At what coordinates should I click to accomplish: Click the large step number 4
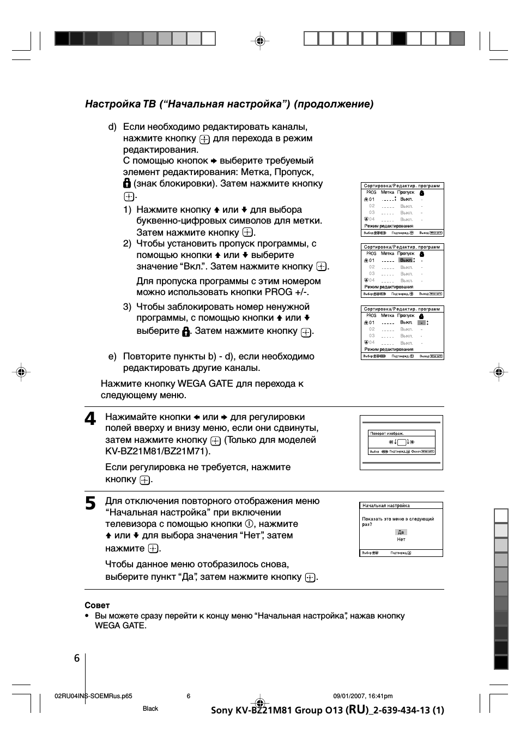coord(90,419)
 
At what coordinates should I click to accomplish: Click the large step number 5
coord(90,503)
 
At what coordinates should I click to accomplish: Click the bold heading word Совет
coord(97,605)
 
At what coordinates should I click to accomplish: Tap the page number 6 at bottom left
coord(77,658)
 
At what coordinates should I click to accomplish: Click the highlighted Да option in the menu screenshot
coord(401,532)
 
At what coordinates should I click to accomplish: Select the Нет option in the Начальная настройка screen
coord(401,539)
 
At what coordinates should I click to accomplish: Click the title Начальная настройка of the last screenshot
coord(386,506)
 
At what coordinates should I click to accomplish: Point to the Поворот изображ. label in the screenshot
coord(386,434)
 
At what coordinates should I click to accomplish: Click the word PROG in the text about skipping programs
coord(278,292)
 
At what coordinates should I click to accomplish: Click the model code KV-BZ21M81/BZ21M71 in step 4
coord(157,451)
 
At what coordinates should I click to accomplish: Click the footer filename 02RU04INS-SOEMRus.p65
coord(94,696)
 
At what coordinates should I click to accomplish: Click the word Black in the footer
coord(150,709)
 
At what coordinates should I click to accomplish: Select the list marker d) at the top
coord(112,127)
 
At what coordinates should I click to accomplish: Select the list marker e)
coord(112,357)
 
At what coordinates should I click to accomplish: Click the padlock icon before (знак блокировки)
coord(127,183)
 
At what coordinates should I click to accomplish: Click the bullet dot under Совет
coord(87,616)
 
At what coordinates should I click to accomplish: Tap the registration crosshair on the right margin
coord(498,372)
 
